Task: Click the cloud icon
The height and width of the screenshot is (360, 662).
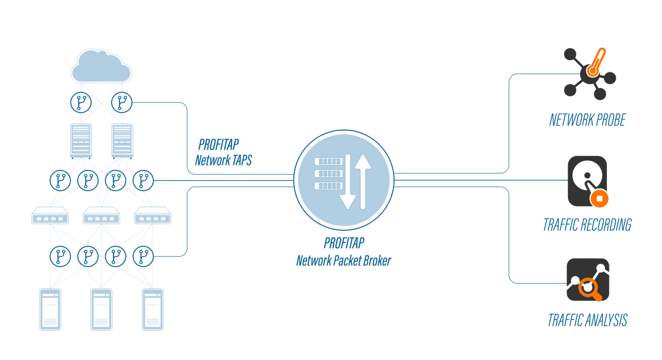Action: pos(101,67)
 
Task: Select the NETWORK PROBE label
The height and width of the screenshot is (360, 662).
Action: pos(587,120)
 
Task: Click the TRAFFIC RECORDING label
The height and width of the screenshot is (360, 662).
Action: pos(587,225)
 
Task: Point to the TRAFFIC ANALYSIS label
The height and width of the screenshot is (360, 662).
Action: pos(587,320)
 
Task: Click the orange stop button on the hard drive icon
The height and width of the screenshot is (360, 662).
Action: pos(599,199)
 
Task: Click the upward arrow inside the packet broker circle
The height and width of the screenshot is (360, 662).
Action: pos(363,181)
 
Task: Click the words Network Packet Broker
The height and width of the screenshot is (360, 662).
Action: pos(343,261)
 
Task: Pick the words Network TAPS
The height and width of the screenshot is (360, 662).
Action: pos(223,160)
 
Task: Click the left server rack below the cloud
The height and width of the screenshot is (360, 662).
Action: pos(81,141)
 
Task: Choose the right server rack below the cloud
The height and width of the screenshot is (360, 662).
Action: pos(122,141)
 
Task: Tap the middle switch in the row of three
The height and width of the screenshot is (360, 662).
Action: pos(101,216)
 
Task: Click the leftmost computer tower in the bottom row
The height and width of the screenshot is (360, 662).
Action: pos(50,309)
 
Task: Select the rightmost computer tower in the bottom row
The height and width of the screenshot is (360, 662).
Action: pos(153,309)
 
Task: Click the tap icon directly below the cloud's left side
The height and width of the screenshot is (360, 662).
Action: pos(81,103)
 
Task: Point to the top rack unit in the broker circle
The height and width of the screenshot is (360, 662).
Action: pos(329,162)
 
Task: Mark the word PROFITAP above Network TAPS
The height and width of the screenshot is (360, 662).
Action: pos(219,144)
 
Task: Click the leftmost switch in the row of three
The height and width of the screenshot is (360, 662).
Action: pos(50,216)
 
